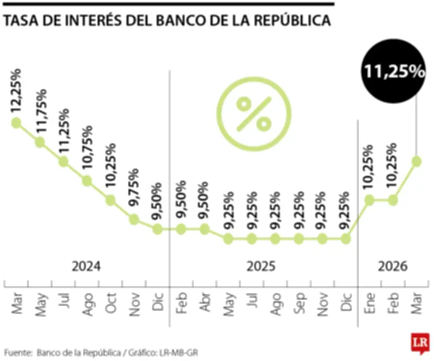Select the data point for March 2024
(16, 123)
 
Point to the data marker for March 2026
(417, 161)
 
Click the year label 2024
(87, 267)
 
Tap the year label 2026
(392, 267)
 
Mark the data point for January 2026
(369, 200)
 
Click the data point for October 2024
(111, 200)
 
